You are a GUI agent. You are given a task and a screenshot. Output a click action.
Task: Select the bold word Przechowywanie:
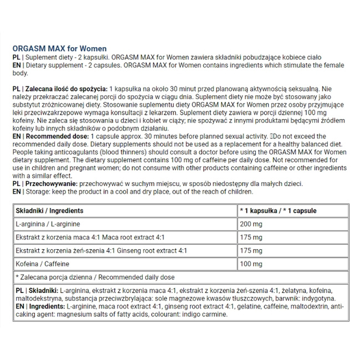pos(50,183)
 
